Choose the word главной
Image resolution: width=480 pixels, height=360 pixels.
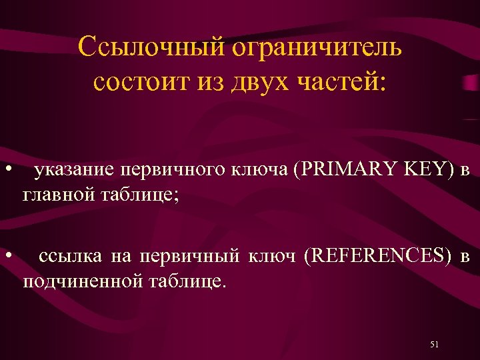(x=57, y=195)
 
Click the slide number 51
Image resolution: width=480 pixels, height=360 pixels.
(x=434, y=344)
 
